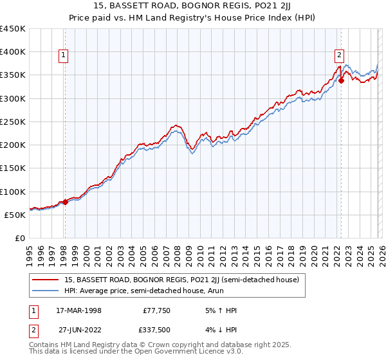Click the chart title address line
click(x=192, y=6)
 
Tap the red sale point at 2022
click(x=341, y=80)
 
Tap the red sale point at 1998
click(x=65, y=202)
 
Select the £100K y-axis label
click(x=14, y=192)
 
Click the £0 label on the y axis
click(x=19, y=238)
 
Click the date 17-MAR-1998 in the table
click(x=79, y=310)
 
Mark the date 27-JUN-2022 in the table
click(x=79, y=331)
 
